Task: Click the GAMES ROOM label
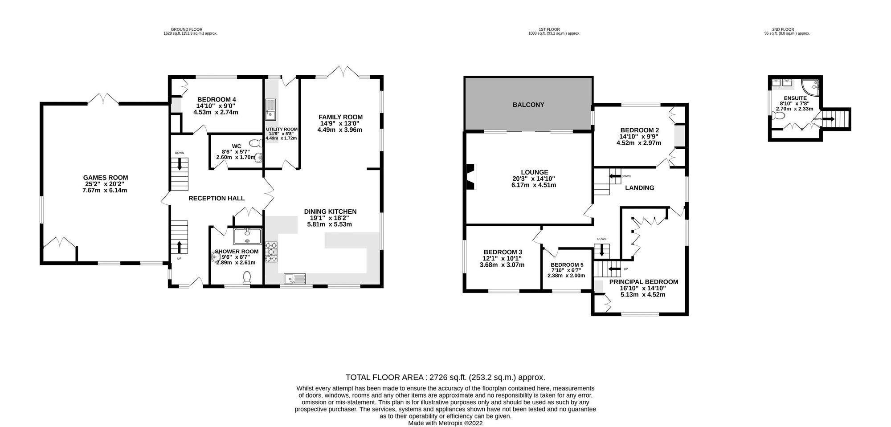coord(105,178)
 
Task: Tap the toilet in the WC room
coord(255,143)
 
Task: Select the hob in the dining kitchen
coord(271,252)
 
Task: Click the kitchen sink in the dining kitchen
coord(295,279)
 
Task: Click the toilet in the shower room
coord(247,278)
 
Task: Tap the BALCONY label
coord(528,105)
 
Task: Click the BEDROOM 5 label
coord(566,264)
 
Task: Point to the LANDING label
coord(639,188)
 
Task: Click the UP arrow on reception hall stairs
coord(180,247)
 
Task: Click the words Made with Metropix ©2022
coord(445,423)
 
